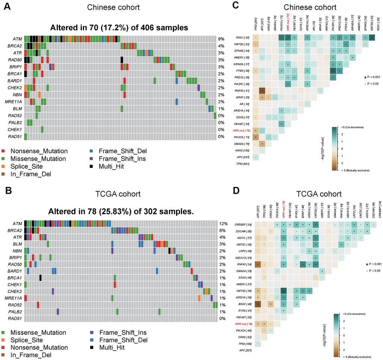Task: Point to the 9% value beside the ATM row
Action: point(222,39)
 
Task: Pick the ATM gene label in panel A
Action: point(16,39)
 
